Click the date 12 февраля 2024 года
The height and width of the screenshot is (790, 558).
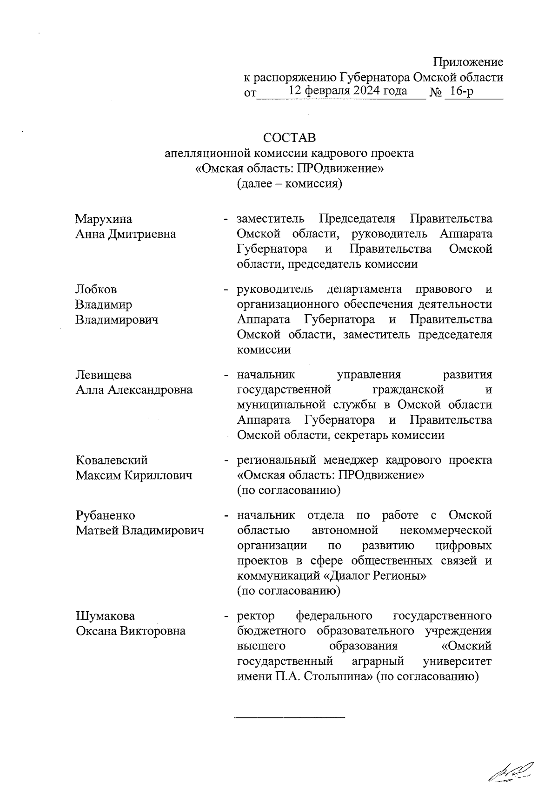pos(348,91)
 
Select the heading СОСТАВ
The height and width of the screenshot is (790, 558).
pos(289,138)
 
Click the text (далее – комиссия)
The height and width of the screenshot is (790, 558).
pos(289,183)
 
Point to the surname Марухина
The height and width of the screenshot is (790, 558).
pos(104,219)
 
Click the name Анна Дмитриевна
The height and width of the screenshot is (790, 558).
pos(126,234)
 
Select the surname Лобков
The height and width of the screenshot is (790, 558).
pos(96,290)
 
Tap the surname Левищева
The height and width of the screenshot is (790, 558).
pos(104,375)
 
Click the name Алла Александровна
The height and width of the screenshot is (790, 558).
pos(134,390)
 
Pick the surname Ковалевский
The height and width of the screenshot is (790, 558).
pos(112,460)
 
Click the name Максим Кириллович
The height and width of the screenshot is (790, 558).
pos(134,476)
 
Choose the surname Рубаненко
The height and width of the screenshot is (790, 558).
pos(106,515)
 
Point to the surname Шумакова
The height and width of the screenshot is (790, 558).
pos(105,616)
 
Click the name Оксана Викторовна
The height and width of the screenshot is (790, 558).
pos(131,631)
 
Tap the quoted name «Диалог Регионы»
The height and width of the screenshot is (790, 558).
pos(375,576)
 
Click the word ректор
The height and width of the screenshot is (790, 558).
pos(256,616)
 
